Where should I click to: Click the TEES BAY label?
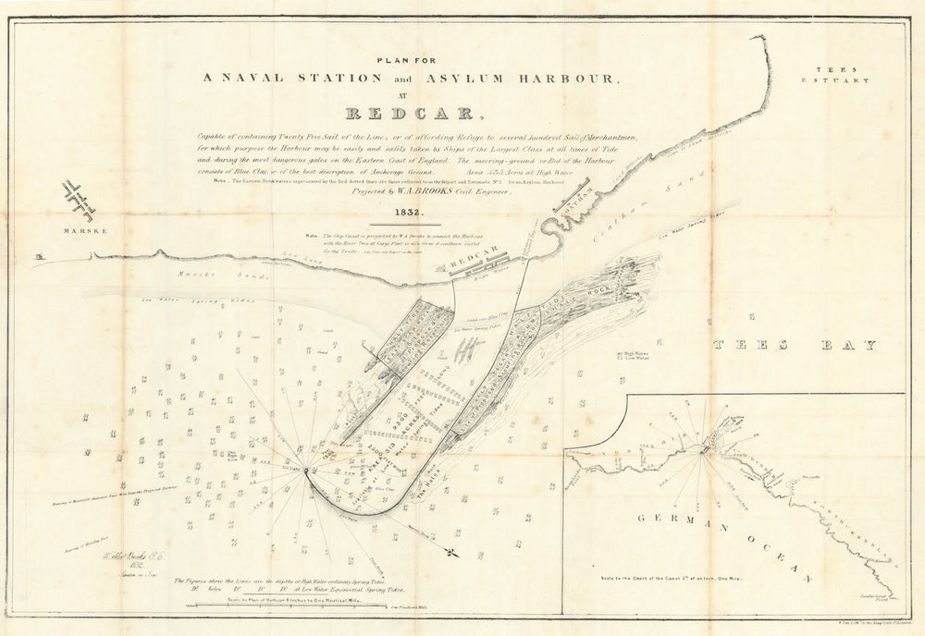tap(795, 346)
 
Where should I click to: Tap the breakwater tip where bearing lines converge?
tap(306, 471)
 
